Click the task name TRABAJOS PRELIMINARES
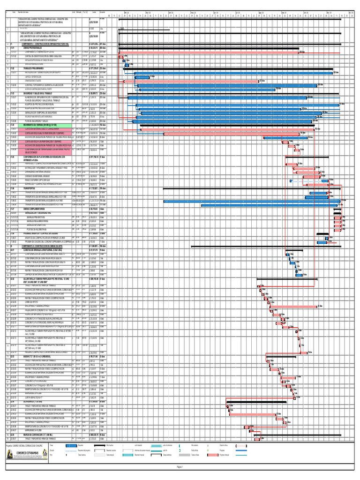33,68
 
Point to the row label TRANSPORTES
26,188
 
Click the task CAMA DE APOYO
33,302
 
